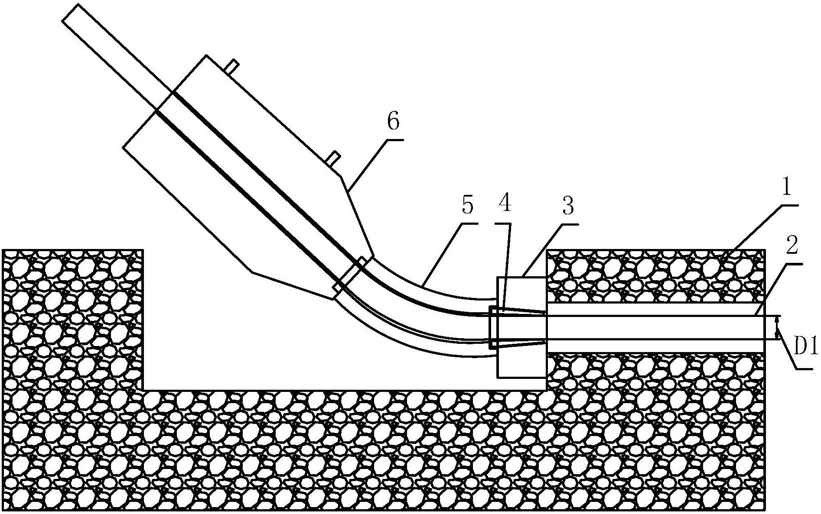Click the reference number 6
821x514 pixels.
[x=393, y=122]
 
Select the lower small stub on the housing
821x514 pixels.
[x=334, y=158]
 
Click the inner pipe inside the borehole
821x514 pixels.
[x=650, y=327]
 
